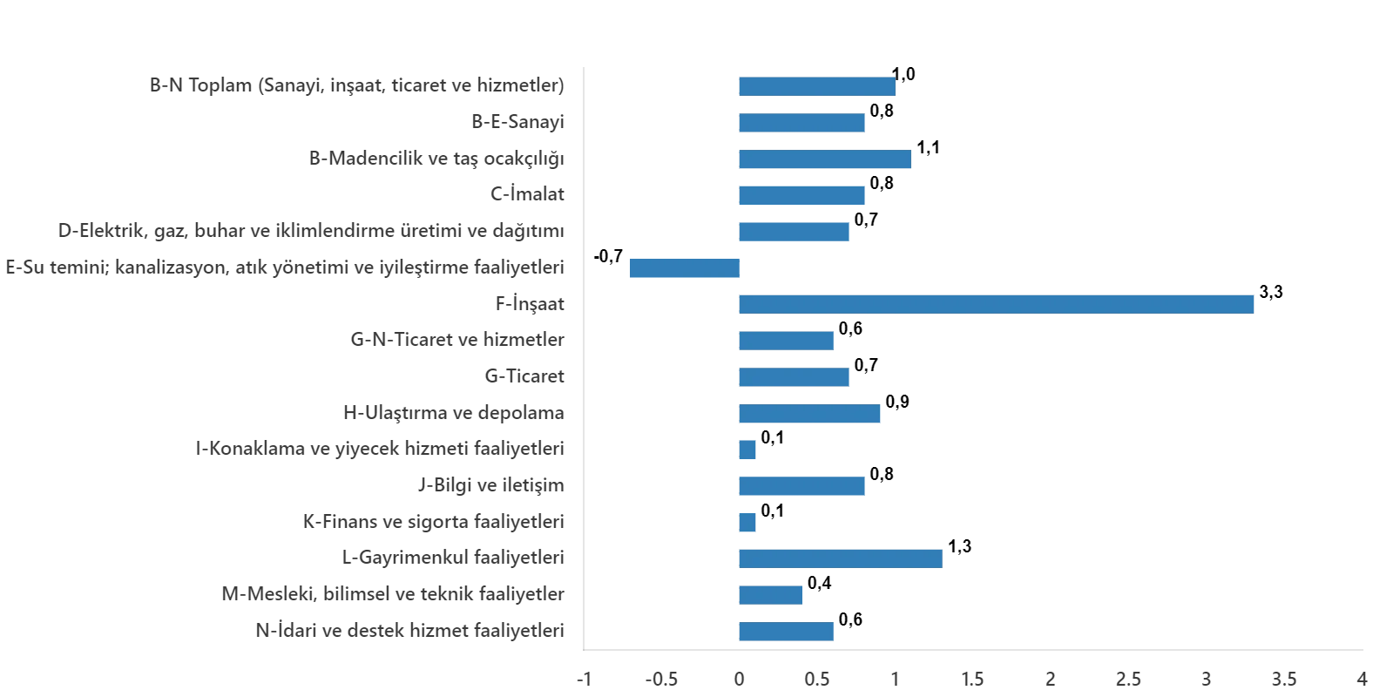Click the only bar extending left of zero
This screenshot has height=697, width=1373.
pyautogui.click(x=685, y=267)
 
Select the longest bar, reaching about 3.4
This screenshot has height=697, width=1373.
pyautogui.click(x=996, y=303)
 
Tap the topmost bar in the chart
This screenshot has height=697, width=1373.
pyautogui.click(x=817, y=87)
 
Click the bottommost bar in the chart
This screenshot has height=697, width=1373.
pyautogui.click(x=787, y=631)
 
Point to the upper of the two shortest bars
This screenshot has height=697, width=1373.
pyautogui.click(x=748, y=450)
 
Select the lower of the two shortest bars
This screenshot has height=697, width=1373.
pyautogui.click(x=748, y=523)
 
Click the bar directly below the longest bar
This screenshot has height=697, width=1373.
pyautogui.click(x=787, y=340)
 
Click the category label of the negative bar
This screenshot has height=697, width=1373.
pyautogui.click(x=282, y=267)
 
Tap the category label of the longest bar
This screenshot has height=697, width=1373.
pyautogui.click(x=530, y=304)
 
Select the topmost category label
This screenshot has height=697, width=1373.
pyautogui.click(x=355, y=87)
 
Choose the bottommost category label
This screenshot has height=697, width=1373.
pyautogui.click(x=407, y=631)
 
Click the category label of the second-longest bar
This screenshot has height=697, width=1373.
pyautogui.click(x=453, y=555)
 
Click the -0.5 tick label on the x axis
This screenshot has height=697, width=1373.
pyautogui.click(x=662, y=679)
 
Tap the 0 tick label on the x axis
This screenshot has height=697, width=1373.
pyautogui.click(x=740, y=679)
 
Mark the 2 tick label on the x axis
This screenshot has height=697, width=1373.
pyautogui.click(x=1052, y=679)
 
